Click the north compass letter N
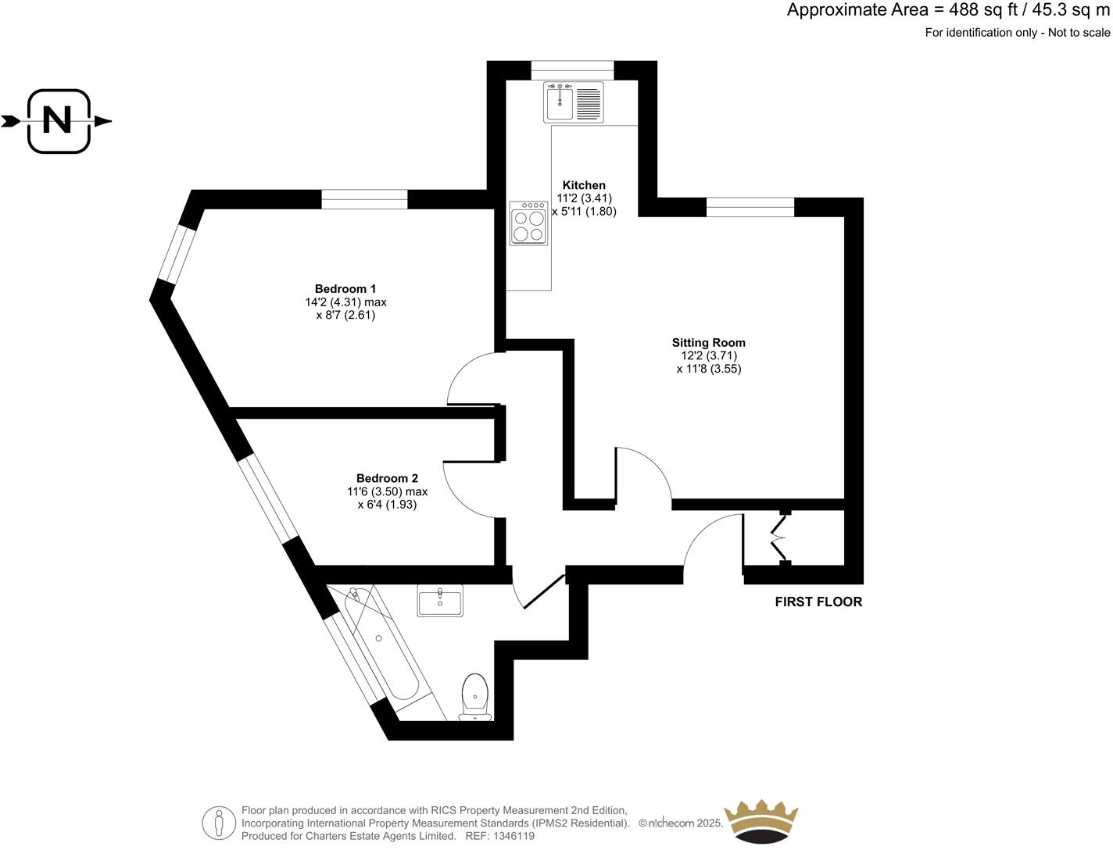(x=57, y=121)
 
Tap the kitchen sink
(x=574, y=102)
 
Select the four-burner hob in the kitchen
(x=528, y=224)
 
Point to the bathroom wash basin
(x=440, y=601)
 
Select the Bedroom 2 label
(x=387, y=478)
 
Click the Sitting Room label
(x=708, y=342)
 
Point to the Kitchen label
(x=584, y=185)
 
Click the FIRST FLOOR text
(x=818, y=602)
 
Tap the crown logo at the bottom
(x=760, y=822)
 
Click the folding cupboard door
(x=778, y=537)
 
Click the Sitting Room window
(x=750, y=207)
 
